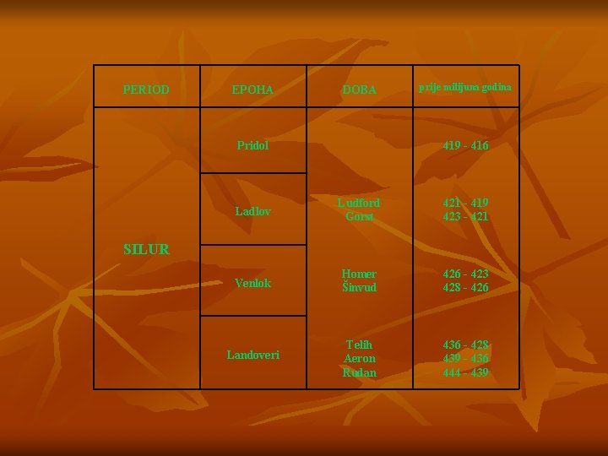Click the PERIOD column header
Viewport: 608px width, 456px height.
[x=146, y=89]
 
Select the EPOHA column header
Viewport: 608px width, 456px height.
[x=253, y=89]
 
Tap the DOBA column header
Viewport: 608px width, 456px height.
[x=359, y=90]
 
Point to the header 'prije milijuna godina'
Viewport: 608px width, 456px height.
[x=465, y=88]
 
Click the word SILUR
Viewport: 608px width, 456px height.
[x=146, y=249]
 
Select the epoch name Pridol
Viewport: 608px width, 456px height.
[x=252, y=145]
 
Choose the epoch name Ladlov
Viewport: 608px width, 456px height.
[x=252, y=210]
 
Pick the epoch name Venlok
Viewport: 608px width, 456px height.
[x=252, y=283]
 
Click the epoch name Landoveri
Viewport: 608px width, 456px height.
[x=252, y=355]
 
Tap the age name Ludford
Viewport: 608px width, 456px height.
[x=359, y=203]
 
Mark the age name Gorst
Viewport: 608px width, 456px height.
[x=359, y=217]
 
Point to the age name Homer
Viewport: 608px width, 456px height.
[x=359, y=274]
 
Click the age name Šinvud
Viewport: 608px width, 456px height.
[x=359, y=288]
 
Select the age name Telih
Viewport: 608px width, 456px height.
[x=359, y=345]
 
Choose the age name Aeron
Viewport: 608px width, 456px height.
[x=359, y=358]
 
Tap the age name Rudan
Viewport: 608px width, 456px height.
[x=359, y=372]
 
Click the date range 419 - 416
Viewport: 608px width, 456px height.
[x=465, y=145]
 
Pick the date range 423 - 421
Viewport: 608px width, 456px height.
[x=465, y=217]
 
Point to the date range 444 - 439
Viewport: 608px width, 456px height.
[x=465, y=372]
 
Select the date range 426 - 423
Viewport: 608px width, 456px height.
[x=465, y=274]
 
